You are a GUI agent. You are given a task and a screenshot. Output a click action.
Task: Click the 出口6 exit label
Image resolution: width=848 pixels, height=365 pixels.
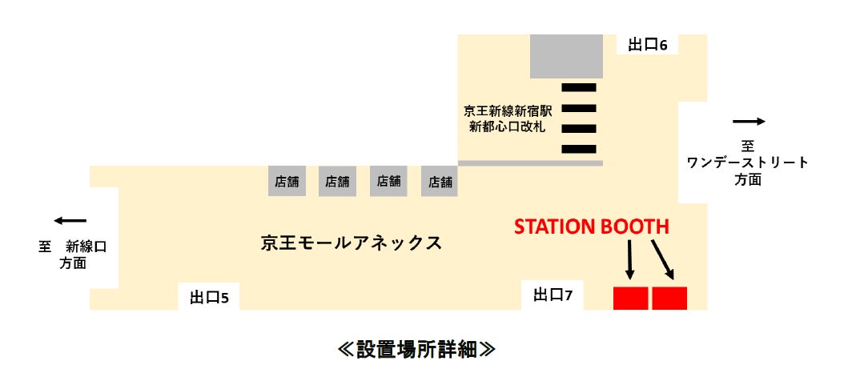point(647,45)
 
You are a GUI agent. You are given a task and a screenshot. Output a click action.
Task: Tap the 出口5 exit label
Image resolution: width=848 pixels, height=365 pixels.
point(209,298)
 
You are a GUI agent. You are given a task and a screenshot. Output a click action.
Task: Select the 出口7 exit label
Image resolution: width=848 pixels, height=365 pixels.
point(553,295)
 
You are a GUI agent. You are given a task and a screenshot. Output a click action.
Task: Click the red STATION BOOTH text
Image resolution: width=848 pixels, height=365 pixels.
point(591,227)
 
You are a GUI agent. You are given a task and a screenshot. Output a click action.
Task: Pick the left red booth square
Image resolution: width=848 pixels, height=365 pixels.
point(630,297)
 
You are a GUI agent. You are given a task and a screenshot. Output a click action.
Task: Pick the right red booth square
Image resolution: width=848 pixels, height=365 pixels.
point(669,297)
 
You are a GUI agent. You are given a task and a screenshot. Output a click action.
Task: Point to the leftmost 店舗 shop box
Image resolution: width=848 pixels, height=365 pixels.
point(287,182)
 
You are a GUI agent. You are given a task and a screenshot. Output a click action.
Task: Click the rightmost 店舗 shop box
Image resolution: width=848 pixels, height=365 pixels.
point(440,182)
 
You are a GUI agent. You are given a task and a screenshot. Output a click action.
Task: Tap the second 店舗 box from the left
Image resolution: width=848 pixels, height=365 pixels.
point(338,182)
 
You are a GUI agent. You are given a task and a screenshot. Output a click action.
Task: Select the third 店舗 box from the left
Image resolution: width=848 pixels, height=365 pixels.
point(389,182)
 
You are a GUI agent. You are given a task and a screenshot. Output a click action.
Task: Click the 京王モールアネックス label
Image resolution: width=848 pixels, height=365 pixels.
point(352,243)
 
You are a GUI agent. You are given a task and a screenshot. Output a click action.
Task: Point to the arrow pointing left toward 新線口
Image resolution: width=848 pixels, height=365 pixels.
point(70,221)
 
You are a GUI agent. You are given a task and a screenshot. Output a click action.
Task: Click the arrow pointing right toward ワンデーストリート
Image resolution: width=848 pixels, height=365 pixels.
point(750,122)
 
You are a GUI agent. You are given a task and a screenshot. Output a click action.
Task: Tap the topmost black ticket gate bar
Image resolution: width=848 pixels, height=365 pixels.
point(579,86)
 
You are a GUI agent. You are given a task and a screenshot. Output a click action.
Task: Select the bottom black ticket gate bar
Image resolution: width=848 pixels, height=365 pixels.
point(579,148)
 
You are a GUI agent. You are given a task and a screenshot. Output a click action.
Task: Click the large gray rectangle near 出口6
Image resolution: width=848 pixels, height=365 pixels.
point(566,56)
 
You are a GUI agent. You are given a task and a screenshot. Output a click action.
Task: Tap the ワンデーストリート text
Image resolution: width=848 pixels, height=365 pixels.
point(748,163)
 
